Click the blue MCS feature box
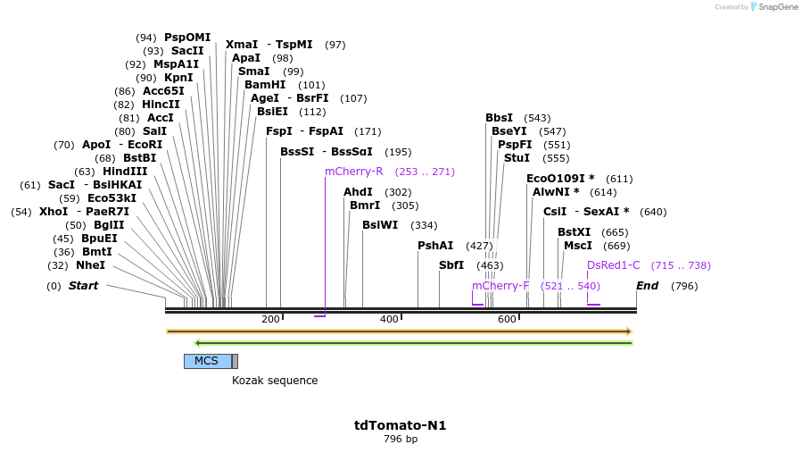pos(208,361)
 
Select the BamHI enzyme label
pos(265,85)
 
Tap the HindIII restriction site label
pos(125,172)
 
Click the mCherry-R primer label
pos(354,172)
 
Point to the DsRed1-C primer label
pos(613,265)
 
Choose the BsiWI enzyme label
pos(380,225)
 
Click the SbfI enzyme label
pos(451,265)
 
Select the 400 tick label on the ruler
pos(389,319)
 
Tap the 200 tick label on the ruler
pos(270,319)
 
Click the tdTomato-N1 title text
pos(400,425)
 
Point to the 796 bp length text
pos(401,440)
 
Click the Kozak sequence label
pos(275,381)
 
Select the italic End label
pos(647,285)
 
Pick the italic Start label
pos(83,285)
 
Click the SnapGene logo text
pos(778,6)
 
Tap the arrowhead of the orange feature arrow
pos(630,331)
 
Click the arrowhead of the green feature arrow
pos(198,343)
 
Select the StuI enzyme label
pos(517,158)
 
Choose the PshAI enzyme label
pos(435,246)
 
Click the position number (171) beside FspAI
pos(368,131)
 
